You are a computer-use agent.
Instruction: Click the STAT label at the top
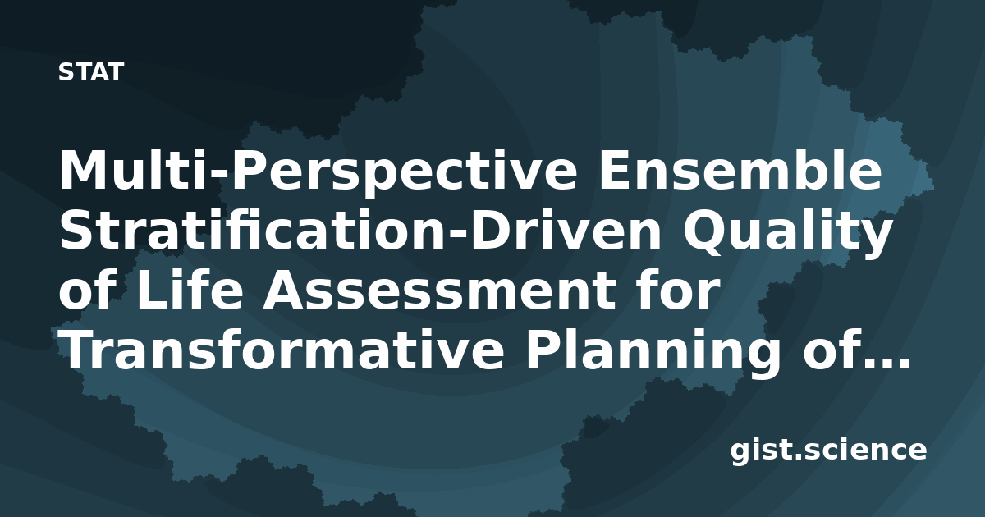pyautogui.click(x=91, y=72)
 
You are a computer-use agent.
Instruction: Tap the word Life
pyautogui.click(x=189, y=290)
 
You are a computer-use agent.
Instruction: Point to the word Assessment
pyautogui.click(x=439, y=291)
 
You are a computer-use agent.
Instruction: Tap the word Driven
pyautogui.click(x=568, y=230)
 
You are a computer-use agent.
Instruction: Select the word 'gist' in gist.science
pyautogui.click(x=764, y=451)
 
